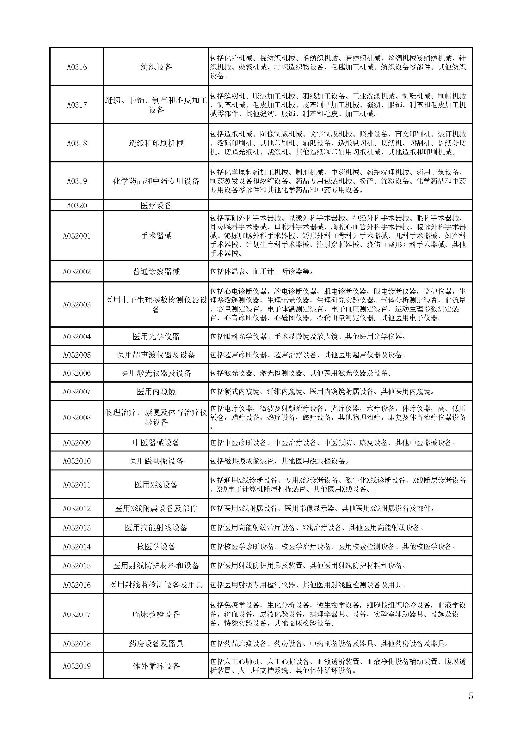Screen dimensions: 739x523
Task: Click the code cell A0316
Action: pyautogui.click(x=77, y=67)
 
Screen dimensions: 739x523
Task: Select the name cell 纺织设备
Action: pyautogui.click(x=156, y=67)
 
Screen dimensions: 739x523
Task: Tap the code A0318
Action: pyautogui.click(x=77, y=143)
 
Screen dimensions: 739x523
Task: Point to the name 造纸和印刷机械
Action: pyautogui.click(x=156, y=143)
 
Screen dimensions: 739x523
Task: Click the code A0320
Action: pyautogui.click(x=77, y=205)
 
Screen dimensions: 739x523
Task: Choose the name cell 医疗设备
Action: pyautogui.click(x=156, y=205)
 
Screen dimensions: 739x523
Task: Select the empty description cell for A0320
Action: pyautogui.click(x=340, y=205)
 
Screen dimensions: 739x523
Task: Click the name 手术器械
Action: pyautogui.click(x=156, y=236)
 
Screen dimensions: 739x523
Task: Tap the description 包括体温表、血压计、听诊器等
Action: pyautogui.click(x=261, y=271)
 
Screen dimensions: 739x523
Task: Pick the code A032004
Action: pyautogui.click(x=77, y=337)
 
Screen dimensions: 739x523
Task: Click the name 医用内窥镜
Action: pyautogui.click(x=156, y=391)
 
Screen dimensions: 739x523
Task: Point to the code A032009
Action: pyautogui.click(x=77, y=443)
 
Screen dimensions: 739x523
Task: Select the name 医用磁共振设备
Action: pyautogui.click(x=156, y=461)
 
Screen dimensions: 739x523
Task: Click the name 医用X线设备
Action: pyautogui.click(x=156, y=485)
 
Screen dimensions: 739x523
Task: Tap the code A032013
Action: pyautogui.click(x=77, y=528)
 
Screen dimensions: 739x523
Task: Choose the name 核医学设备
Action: pyautogui.click(x=156, y=547)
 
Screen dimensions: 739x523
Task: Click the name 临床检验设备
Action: pyautogui.click(x=156, y=614)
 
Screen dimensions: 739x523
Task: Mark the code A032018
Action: pyautogui.click(x=77, y=644)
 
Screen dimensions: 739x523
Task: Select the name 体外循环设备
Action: pyautogui.click(x=156, y=666)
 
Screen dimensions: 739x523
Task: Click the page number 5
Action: pyautogui.click(x=471, y=696)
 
